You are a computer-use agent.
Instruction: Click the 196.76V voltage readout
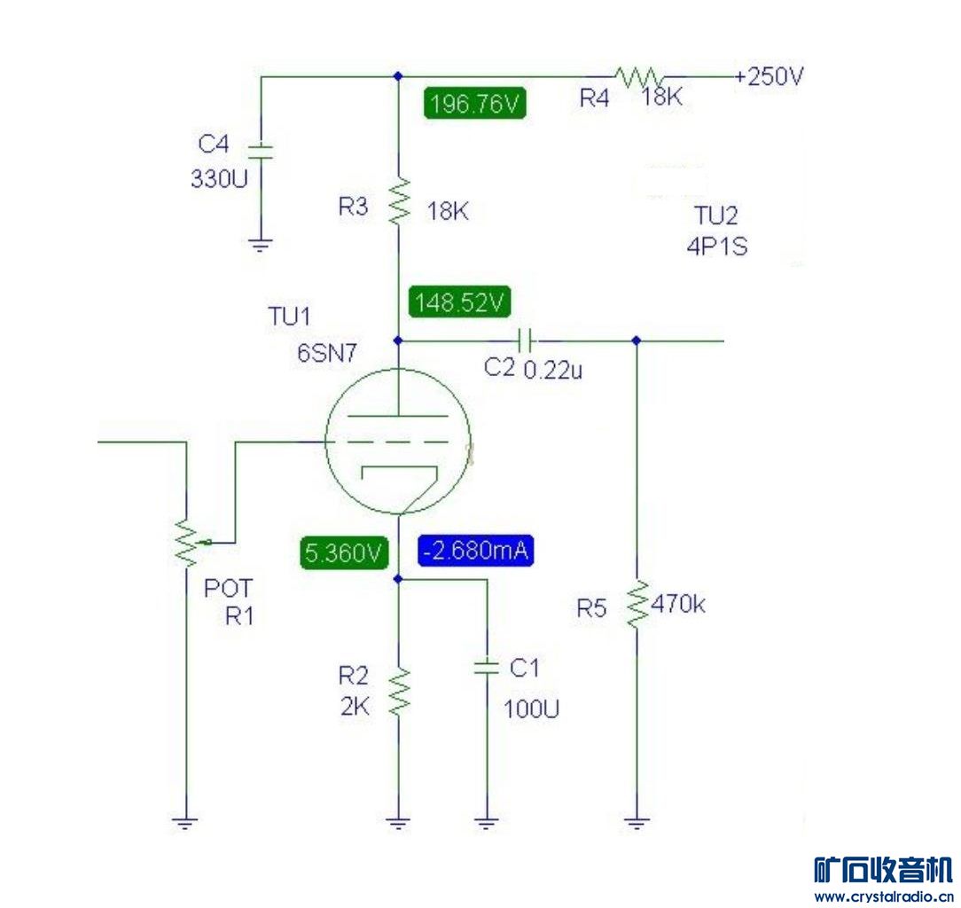click(475, 104)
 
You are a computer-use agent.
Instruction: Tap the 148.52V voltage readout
click(460, 302)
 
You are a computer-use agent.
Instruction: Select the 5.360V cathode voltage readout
click(345, 553)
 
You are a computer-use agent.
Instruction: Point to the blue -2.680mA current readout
click(477, 552)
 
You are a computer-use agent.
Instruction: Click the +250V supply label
click(770, 76)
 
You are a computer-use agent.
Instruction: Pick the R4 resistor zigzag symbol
click(638, 77)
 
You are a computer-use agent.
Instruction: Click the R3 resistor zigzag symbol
click(398, 200)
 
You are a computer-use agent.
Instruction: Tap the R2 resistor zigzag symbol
click(398, 693)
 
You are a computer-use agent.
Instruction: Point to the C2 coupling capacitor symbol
click(525, 340)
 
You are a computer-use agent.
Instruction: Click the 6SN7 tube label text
click(326, 353)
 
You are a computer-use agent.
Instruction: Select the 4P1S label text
click(716, 247)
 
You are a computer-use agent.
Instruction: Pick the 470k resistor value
click(678, 606)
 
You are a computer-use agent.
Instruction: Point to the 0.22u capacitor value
click(553, 370)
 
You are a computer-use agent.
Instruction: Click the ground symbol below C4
click(260, 243)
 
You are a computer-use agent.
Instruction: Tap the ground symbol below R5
click(636, 823)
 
